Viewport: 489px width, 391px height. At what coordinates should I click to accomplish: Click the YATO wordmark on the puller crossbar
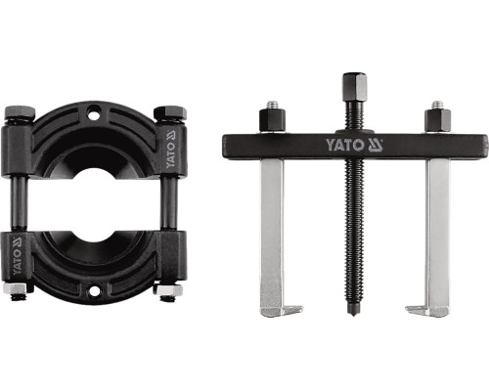click(x=344, y=145)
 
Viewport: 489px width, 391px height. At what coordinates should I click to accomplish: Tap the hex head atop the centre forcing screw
click(x=355, y=87)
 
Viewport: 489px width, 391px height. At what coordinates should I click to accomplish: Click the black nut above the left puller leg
click(x=273, y=120)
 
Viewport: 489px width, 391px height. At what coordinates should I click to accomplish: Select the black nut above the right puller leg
click(x=437, y=120)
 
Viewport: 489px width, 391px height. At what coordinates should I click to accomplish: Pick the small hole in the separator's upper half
click(x=93, y=114)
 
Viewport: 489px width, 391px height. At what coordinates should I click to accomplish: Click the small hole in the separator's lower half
click(x=94, y=291)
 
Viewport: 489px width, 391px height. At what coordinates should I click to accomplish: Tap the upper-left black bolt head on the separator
click(x=20, y=113)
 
